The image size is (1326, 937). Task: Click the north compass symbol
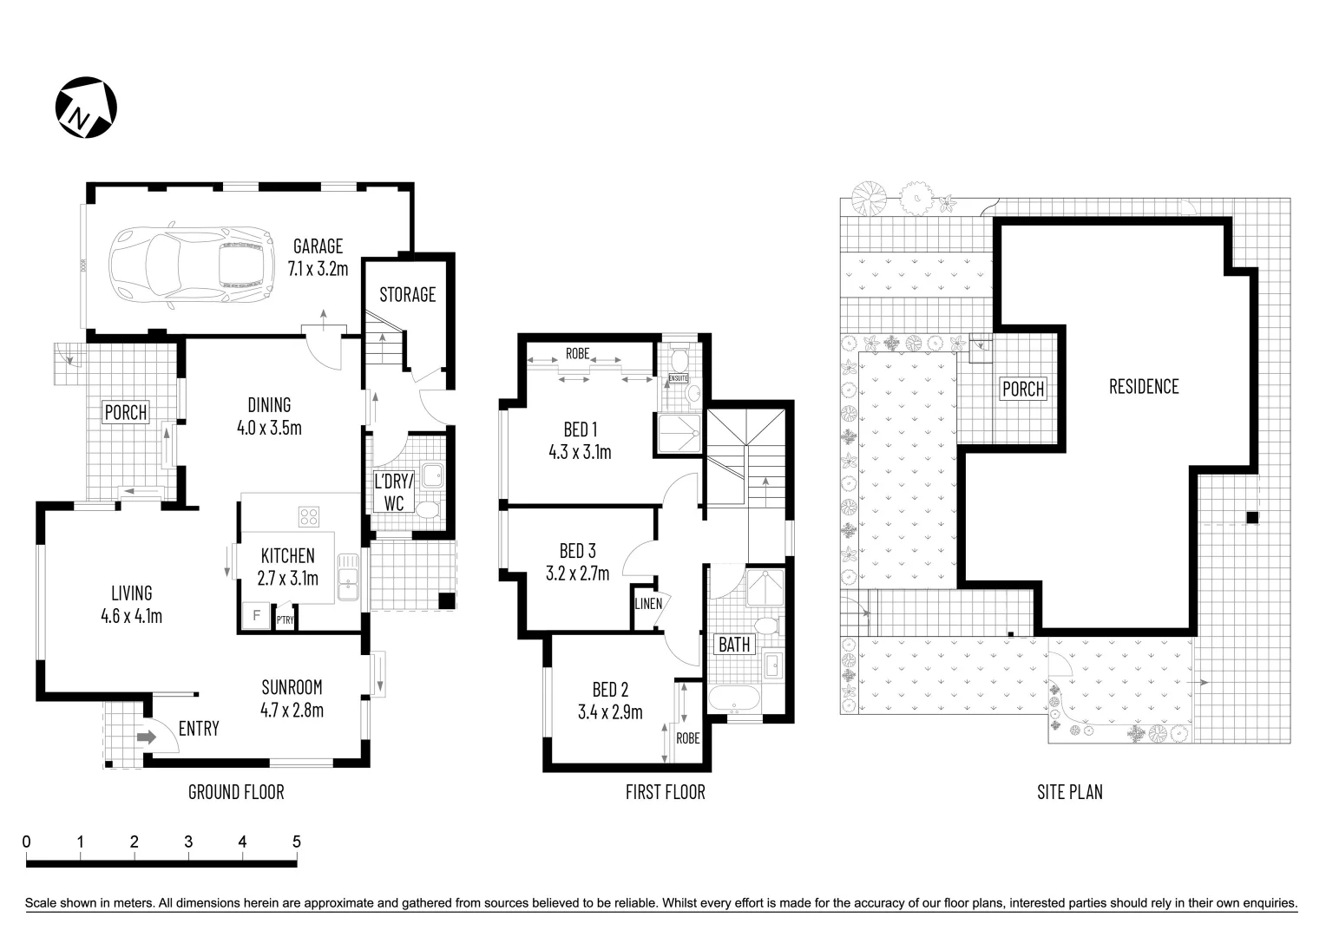pyautogui.click(x=87, y=108)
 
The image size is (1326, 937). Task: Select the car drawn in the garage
pyautogui.click(x=187, y=266)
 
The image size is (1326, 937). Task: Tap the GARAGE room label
pyautogui.click(x=318, y=246)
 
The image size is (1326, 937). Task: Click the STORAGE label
pyautogui.click(x=407, y=295)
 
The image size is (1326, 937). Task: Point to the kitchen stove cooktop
pyautogui.click(x=309, y=517)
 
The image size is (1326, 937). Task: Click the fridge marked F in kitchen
pyautogui.click(x=256, y=616)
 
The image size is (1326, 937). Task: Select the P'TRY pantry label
pyautogui.click(x=284, y=620)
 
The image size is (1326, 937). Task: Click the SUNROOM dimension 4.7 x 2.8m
pyautogui.click(x=292, y=711)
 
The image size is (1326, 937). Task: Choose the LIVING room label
pyautogui.click(x=132, y=593)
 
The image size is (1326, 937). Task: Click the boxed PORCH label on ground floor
pyautogui.click(x=126, y=412)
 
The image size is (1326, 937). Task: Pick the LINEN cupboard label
pyautogui.click(x=648, y=604)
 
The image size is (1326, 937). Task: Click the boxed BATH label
pyautogui.click(x=734, y=645)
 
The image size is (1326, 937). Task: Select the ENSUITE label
pyautogui.click(x=678, y=378)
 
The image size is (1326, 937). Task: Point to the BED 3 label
pyautogui.click(x=577, y=551)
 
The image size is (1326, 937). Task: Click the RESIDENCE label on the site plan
pyautogui.click(x=1144, y=387)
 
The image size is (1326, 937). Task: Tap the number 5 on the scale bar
pyautogui.click(x=296, y=842)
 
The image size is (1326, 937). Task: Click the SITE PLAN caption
pyautogui.click(x=1069, y=791)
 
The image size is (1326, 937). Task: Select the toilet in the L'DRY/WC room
pyautogui.click(x=426, y=509)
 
